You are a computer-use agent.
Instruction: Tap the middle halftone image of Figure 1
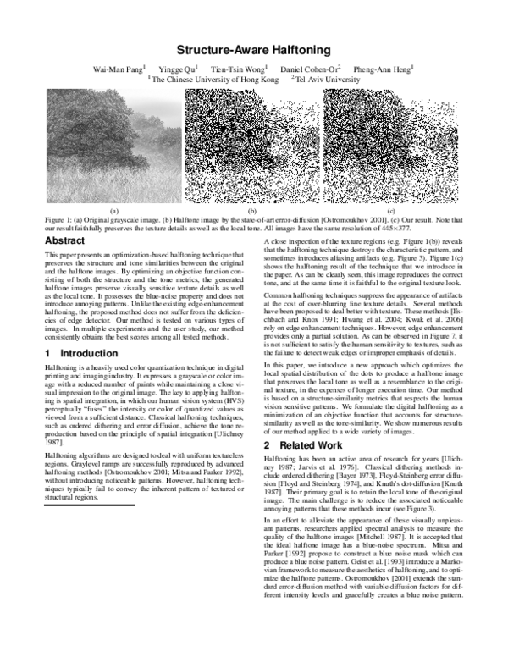(x=252, y=146)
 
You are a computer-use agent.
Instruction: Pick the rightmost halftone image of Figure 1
(x=391, y=146)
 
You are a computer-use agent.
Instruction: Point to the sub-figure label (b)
(x=252, y=209)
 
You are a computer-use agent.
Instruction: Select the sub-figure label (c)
(x=391, y=209)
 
